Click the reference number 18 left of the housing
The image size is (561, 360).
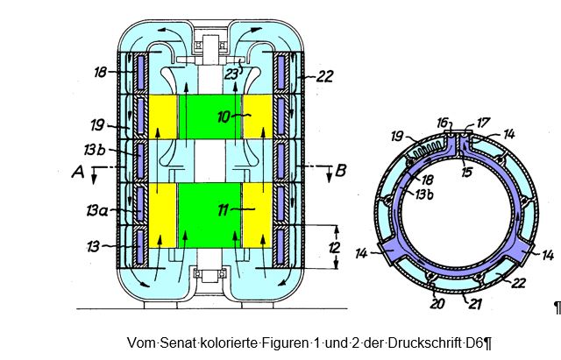100,72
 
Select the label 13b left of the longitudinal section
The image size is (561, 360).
95,150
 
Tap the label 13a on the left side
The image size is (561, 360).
96,210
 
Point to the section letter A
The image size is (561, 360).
78,172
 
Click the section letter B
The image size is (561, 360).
341,171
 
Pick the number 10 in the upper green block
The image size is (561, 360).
224,116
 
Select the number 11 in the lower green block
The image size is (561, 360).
224,210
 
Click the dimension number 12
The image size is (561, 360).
334,247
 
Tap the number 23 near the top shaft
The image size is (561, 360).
231,74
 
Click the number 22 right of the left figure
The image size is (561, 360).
325,76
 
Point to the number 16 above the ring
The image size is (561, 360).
442,123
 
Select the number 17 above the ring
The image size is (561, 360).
483,123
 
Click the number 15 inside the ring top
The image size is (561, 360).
466,173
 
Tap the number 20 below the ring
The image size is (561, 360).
437,304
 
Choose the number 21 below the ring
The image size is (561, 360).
475,305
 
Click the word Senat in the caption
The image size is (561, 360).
177,342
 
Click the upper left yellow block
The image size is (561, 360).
162,116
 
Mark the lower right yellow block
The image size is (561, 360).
257,215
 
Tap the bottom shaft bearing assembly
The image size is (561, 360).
210,274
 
